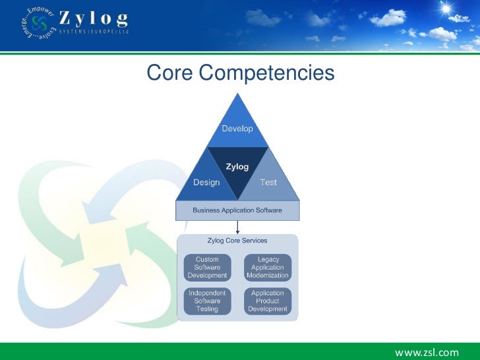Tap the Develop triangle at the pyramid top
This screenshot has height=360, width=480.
[x=237, y=126]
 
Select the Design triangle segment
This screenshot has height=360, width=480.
[x=206, y=181]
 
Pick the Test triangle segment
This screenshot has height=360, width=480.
[x=268, y=181]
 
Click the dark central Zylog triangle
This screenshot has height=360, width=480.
[x=237, y=169]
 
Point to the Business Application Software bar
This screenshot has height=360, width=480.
[x=237, y=210]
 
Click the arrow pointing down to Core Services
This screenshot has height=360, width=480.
[x=237, y=226]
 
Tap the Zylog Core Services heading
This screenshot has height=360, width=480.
[x=237, y=241]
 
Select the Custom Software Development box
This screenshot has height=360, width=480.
[x=207, y=267]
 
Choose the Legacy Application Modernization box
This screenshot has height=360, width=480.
[x=268, y=267]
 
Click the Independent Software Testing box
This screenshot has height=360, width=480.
[x=207, y=301]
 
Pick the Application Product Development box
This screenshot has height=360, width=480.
[x=268, y=301]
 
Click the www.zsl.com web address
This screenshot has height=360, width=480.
[x=427, y=352]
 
